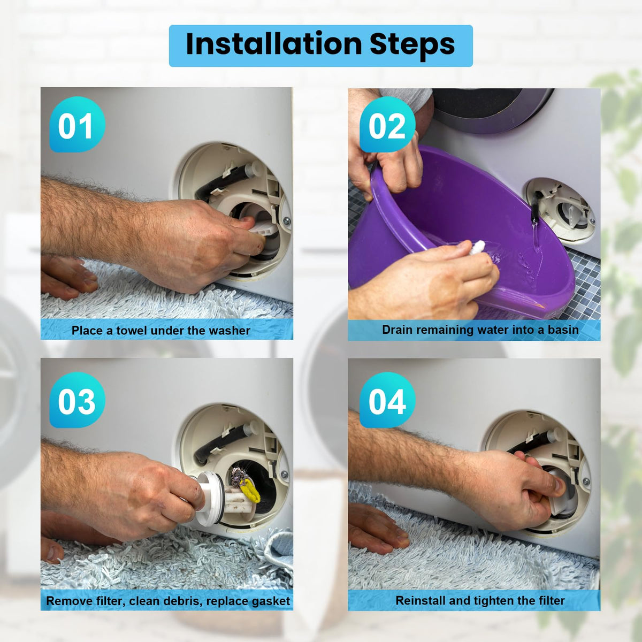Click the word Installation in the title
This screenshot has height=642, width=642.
click(x=273, y=44)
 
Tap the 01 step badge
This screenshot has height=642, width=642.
click(x=77, y=124)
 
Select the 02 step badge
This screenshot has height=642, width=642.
click(x=387, y=124)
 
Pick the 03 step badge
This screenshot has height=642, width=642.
click(x=77, y=400)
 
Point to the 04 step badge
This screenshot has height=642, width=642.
click(x=387, y=400)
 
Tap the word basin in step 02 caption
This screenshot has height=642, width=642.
click(x=563, y=330)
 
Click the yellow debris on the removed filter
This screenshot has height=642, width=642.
click(x=250, y=490)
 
